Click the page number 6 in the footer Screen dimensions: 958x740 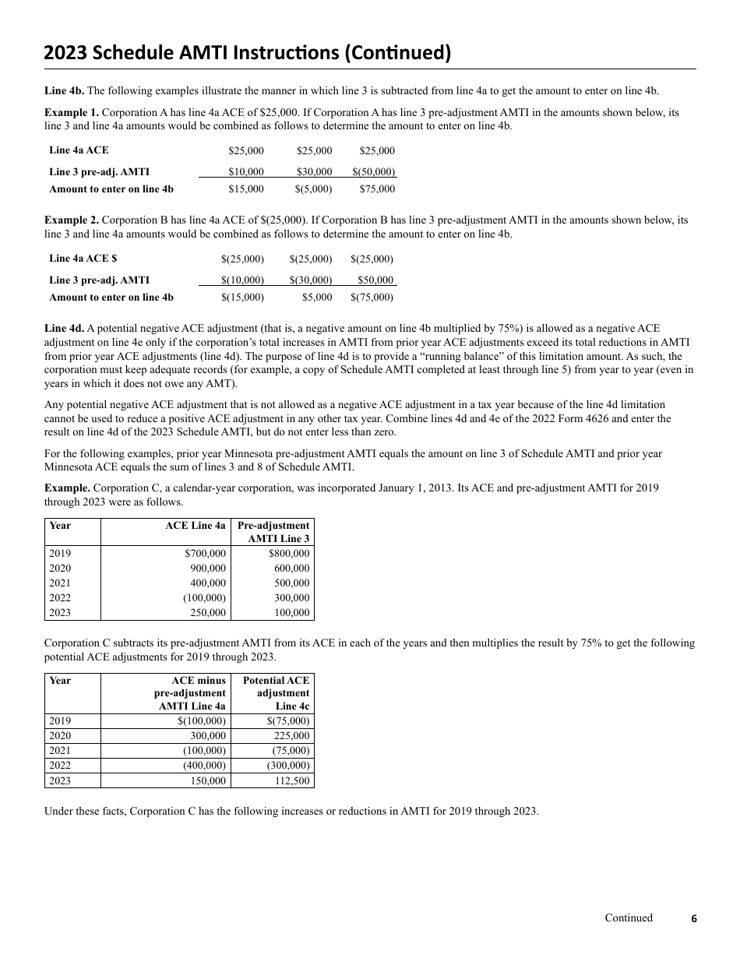694,919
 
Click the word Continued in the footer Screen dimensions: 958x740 629,918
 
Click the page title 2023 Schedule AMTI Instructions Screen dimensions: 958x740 247,52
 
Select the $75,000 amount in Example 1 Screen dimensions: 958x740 377,189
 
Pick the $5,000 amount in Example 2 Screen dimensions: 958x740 317,298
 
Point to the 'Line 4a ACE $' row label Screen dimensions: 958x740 83,259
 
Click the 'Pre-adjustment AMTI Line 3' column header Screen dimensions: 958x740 273,532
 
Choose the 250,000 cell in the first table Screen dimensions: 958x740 208,613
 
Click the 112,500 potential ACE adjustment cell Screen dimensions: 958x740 292,780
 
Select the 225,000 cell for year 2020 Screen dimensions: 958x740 292,736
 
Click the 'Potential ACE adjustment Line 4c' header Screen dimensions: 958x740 276,692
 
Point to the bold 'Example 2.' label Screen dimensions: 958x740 72,220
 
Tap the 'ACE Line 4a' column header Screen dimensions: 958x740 195,526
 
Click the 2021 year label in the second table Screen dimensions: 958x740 60,751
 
